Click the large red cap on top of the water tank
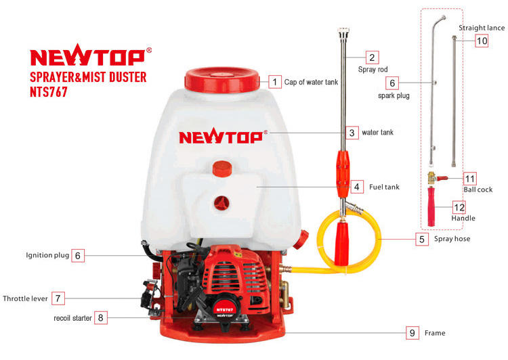click(222, 80)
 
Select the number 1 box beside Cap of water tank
click(275, 82)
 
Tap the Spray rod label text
click(373, 69)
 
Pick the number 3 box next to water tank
click(352, 133)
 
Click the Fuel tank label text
click(384, 187)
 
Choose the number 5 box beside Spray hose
click(422, 240)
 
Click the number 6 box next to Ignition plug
click(78, 255)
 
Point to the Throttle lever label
click(25, 298)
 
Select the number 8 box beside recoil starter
click(101, 317)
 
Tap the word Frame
click(435, 333)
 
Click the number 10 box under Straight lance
click(482, 41)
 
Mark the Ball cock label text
click(478, 189)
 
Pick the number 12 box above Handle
click(459, 207)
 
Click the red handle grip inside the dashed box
click(431, 206)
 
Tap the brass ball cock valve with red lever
click(436, 178)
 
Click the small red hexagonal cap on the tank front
click(222, 168)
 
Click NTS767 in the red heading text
click(49, 91)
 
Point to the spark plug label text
click(394, 96)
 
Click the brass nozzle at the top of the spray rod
click(343, 33)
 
